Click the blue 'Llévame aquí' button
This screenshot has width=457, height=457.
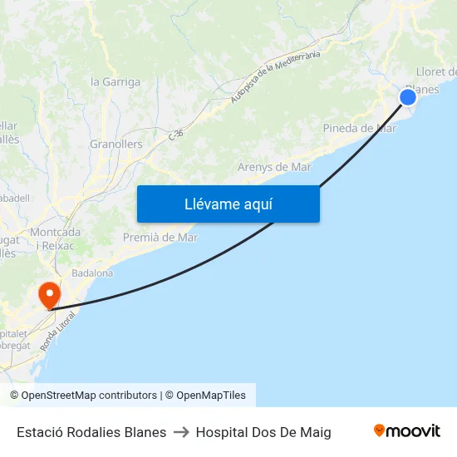point(228,204)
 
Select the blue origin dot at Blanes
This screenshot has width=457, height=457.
point(408,97)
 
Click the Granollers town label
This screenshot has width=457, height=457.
point(115,144)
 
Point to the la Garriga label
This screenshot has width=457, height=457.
point(115,81)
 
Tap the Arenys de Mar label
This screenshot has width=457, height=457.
point(274,167)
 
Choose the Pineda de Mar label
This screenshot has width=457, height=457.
point(359,128)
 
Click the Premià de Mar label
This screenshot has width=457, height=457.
point(160,238)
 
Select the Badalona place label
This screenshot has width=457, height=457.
point(92,273)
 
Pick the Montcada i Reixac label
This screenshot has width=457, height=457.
point(55,238)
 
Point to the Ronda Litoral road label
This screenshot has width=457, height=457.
point(59,330)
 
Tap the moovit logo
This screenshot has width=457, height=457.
point(407,431)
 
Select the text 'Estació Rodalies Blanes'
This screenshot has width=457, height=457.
point(91,432)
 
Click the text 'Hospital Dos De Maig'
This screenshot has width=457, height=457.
point(263,432)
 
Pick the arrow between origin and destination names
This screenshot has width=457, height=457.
point(181,432)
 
